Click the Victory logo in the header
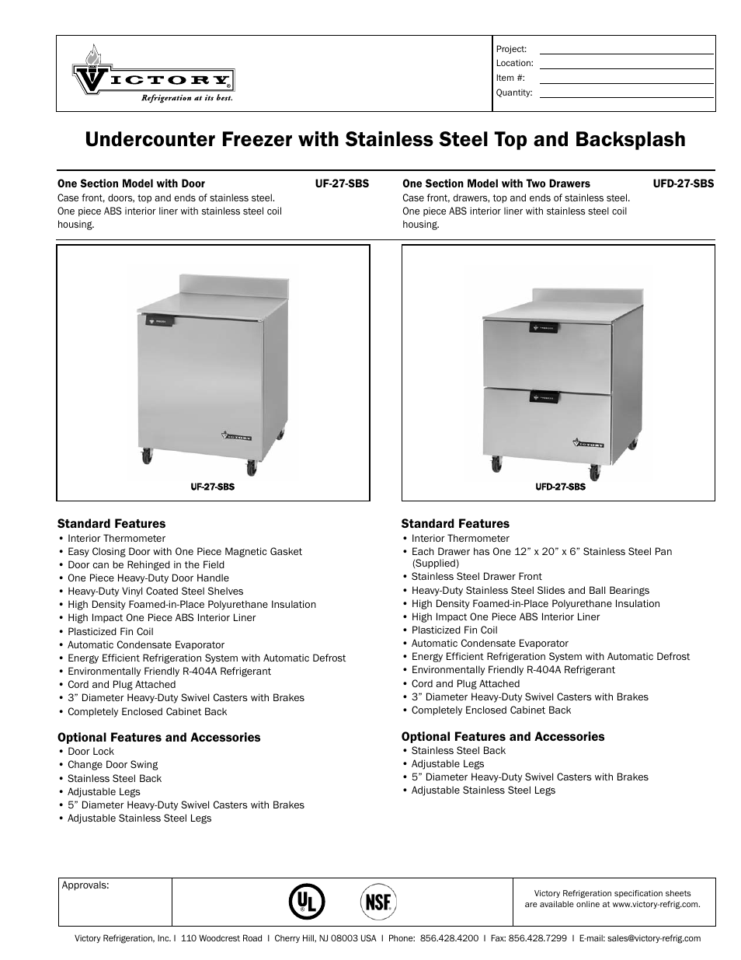153,75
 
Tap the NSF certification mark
378,902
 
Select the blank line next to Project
626,49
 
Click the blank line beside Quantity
626,93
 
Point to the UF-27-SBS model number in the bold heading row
342,184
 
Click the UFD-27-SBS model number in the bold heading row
684,184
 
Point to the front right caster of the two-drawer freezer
597,471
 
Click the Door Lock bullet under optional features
91,752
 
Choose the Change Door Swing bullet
113,765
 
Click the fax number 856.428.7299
537,938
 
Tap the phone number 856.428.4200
449,938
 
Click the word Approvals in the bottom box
85,885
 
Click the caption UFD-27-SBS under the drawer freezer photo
560,487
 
